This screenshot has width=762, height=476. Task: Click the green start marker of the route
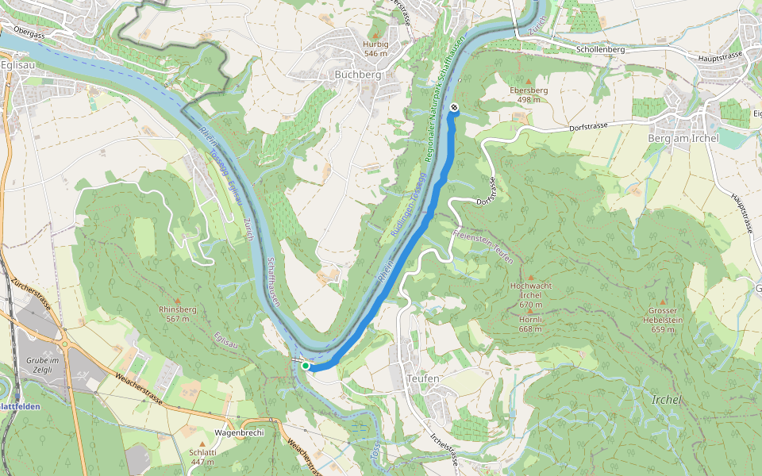pyautogui.click(x=306, y=366)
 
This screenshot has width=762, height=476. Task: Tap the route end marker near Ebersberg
pyautogui.click(x=453, y=107)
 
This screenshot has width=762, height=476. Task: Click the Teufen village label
pyautogui.click(x=421, y=379)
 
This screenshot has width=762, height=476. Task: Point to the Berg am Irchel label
pyautogui.click(x=683, y=139)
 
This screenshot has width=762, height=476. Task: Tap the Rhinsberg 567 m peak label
pyautogui.click(x=178, y=314)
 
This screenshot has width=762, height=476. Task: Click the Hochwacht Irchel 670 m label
pyautogui.click(x=530, y=294)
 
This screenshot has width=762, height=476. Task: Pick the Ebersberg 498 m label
pyautogui.click(x=529, y=95)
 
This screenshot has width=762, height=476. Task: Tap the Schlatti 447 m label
pyautogui.click(x=202, y=456)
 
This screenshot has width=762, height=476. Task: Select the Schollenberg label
pyautogui.click(x=601, y=49)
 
